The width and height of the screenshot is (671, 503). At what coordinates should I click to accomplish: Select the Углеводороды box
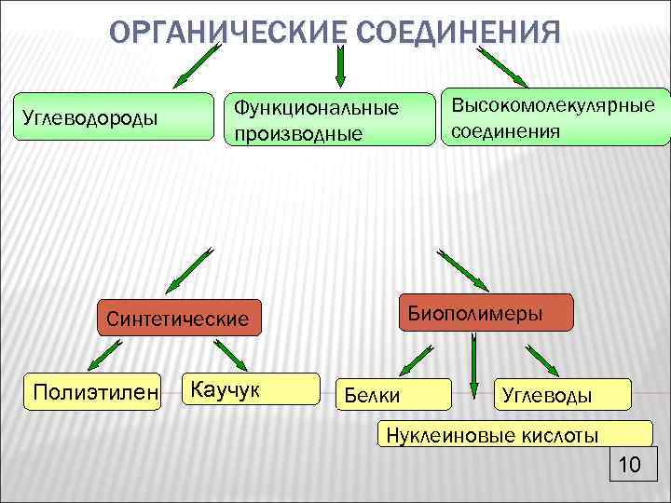[x=112, y=117]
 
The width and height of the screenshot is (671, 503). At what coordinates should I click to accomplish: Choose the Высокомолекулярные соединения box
[x=555, y=117]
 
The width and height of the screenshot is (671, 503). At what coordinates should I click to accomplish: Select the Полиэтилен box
[x=92, y=388]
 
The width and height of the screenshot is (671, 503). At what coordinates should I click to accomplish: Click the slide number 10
[x=629, y=465]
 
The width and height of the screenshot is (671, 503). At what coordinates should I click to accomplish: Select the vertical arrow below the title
[x=340, y=65]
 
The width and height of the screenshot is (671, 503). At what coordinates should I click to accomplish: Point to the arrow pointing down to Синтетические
[x=190, y=269]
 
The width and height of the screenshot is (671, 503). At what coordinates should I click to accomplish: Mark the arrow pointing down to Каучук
[x=228, y=355]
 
